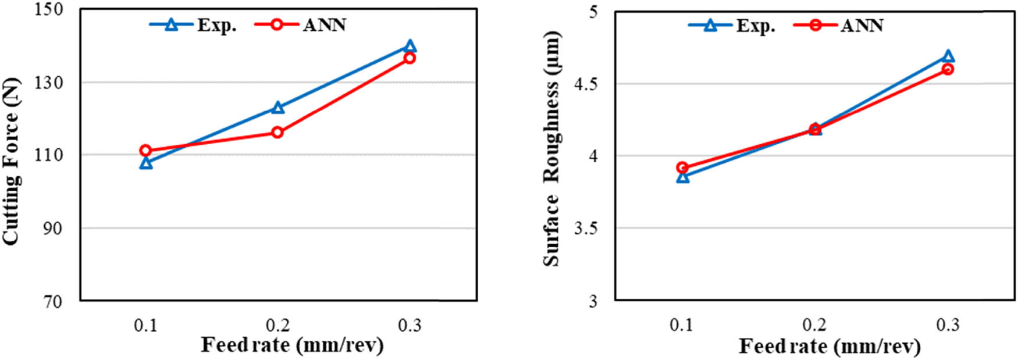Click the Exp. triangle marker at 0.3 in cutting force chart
pos(410,47)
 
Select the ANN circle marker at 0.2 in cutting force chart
pos(277,133)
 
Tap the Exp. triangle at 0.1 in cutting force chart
pos(146,163)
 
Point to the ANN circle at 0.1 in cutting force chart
pos(146,150)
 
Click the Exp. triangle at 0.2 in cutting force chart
pos(277,108)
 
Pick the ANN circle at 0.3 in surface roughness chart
pos(947,69)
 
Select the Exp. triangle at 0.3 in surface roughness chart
pos(947,56)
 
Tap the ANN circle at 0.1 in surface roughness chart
pos(683,167)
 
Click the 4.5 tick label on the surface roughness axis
pos(586,84)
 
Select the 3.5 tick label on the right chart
pos(586,228)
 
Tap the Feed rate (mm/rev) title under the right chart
pos(830,347)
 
